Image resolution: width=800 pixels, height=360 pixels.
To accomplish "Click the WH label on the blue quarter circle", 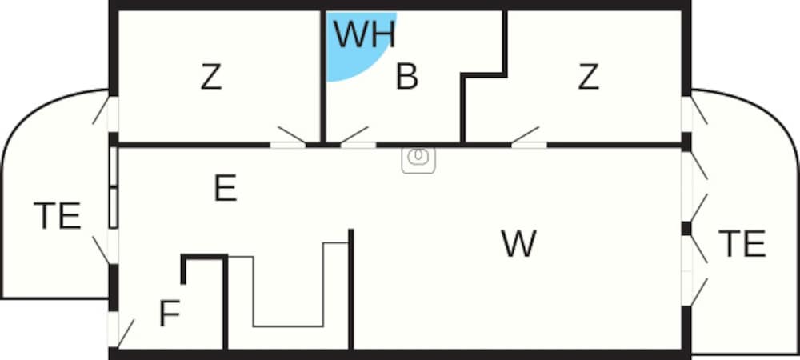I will pyautogui.click(x=364, y=34).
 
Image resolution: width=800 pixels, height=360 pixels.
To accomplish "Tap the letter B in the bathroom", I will pyautogui.click(x=407, y=78).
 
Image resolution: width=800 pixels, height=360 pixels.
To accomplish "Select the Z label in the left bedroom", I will pyautogui.click(x=210, y=78).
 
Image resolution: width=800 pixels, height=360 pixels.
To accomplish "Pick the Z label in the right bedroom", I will pyautogui.click(x=588, y=78).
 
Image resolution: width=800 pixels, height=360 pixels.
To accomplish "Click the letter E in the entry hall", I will pyautogui.click(x=226, y=189).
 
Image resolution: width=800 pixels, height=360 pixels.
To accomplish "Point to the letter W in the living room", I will pyautogui.click(x=518, y=243).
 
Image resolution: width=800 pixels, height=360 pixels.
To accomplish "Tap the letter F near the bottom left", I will pyautogui.click(x=169, y=314).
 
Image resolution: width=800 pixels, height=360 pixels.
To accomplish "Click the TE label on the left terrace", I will pyautogui.click(x=57, y=216).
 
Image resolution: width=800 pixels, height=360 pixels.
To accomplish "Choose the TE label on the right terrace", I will pyautogui.click(x=742, y=243).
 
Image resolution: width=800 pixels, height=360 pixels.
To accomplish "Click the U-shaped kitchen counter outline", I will pyautogui.click(x=289, y=325).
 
